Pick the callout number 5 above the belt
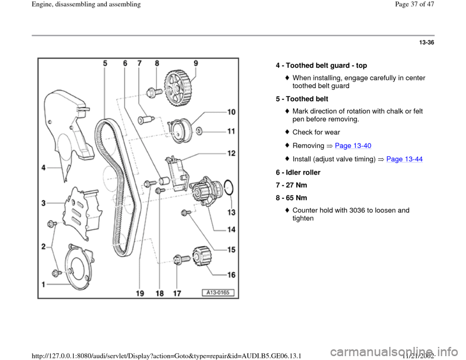tap(105, 63)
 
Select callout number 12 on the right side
tap(231, 153)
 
